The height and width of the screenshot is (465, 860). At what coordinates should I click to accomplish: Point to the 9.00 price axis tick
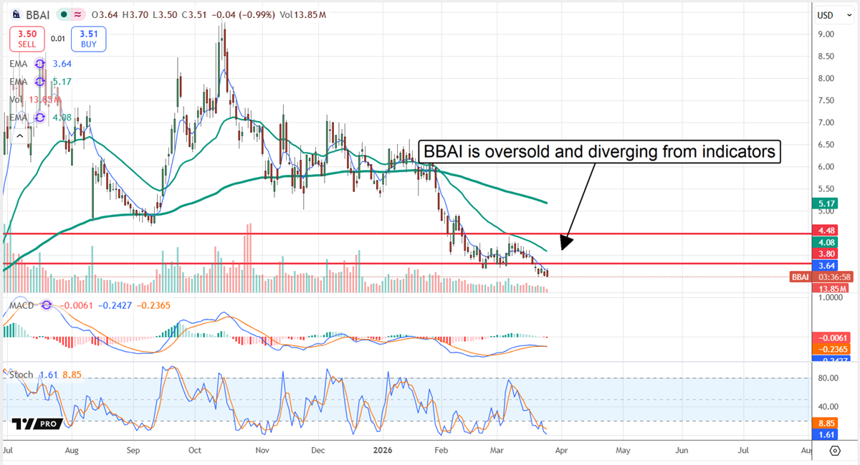click(826, 34)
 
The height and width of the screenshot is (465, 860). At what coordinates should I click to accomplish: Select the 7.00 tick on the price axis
click(826, 123)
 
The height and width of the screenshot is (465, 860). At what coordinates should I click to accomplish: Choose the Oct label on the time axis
click(195, 451)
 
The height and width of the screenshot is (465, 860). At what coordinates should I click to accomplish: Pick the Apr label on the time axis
click(561, 451)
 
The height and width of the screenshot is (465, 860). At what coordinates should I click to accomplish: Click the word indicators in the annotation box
click(740, 152)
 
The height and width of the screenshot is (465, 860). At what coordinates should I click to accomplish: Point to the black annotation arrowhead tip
click(562, 249)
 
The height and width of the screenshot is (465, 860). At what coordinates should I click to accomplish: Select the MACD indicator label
click(21, 305)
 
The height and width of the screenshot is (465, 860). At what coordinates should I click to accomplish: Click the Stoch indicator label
click(21, 375)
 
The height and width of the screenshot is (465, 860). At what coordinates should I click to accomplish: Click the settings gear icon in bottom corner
click(835, 451)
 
